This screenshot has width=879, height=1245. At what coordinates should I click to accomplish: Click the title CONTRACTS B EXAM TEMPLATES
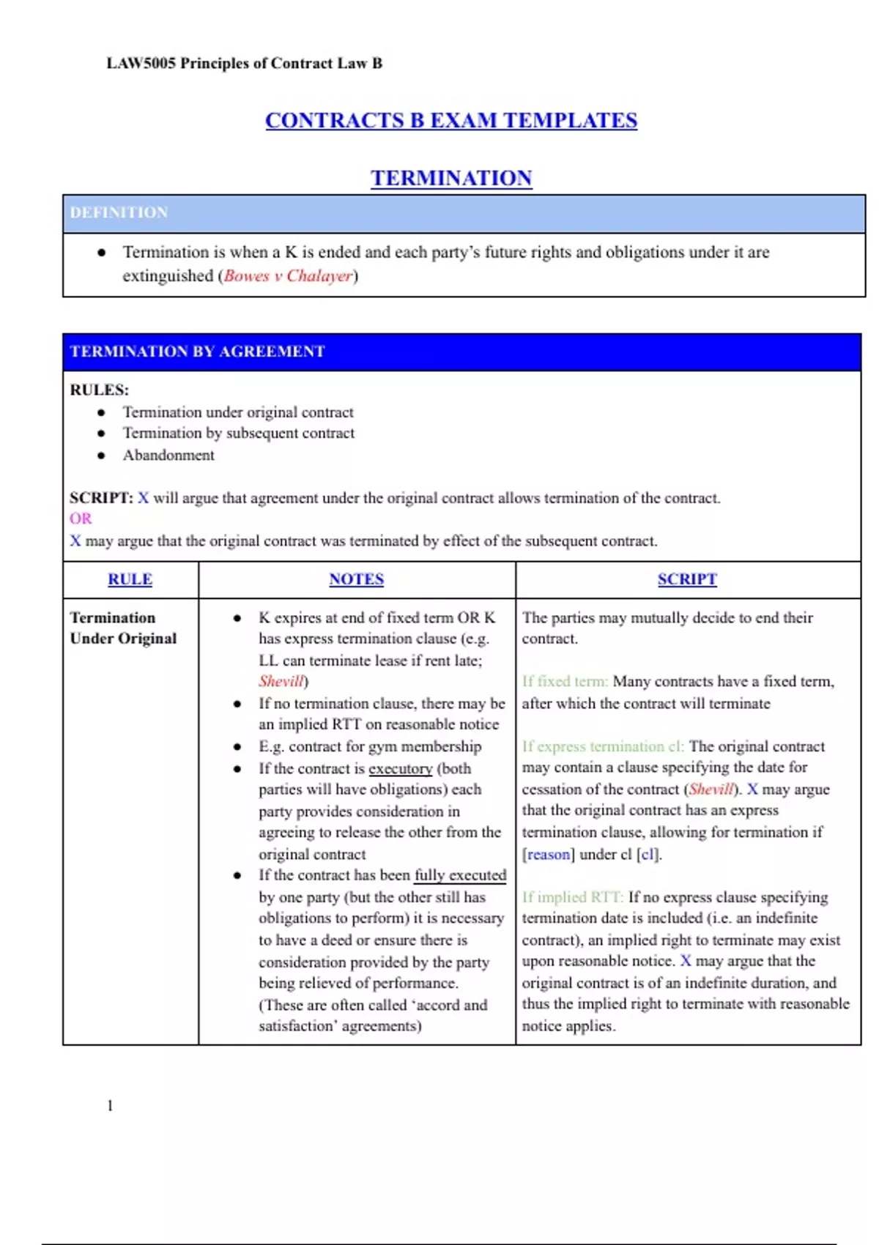[450, 120]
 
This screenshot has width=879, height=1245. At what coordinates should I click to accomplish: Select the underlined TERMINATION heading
[450, 178]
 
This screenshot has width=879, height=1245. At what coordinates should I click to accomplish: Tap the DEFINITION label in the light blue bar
[119, 212]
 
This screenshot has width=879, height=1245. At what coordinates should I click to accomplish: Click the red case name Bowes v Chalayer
[288, 276]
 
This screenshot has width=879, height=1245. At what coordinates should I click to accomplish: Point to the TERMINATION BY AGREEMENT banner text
[197, 352]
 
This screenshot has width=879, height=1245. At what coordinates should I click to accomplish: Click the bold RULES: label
[99, 390]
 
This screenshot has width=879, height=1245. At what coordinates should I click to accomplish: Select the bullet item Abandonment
[168, 456]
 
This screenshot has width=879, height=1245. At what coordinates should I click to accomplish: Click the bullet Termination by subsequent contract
[238, 434]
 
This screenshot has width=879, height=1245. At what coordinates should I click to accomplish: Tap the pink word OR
[81, 519]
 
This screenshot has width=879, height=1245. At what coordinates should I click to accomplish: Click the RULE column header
[130, 579]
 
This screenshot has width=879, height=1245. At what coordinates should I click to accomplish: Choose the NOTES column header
[356, 579]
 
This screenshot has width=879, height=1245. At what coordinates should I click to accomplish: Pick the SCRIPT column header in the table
[686, 579]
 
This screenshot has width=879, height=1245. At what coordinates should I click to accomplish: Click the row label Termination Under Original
[123, 628]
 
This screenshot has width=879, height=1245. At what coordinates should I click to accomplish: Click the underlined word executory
[400, 769]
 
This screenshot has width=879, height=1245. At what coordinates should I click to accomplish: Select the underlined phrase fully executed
[460, 875]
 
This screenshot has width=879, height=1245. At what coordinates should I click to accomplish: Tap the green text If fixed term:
[565, 682]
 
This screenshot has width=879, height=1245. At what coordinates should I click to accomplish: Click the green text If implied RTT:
[572, 897]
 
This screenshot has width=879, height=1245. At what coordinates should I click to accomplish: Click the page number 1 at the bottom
[110, 1106]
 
